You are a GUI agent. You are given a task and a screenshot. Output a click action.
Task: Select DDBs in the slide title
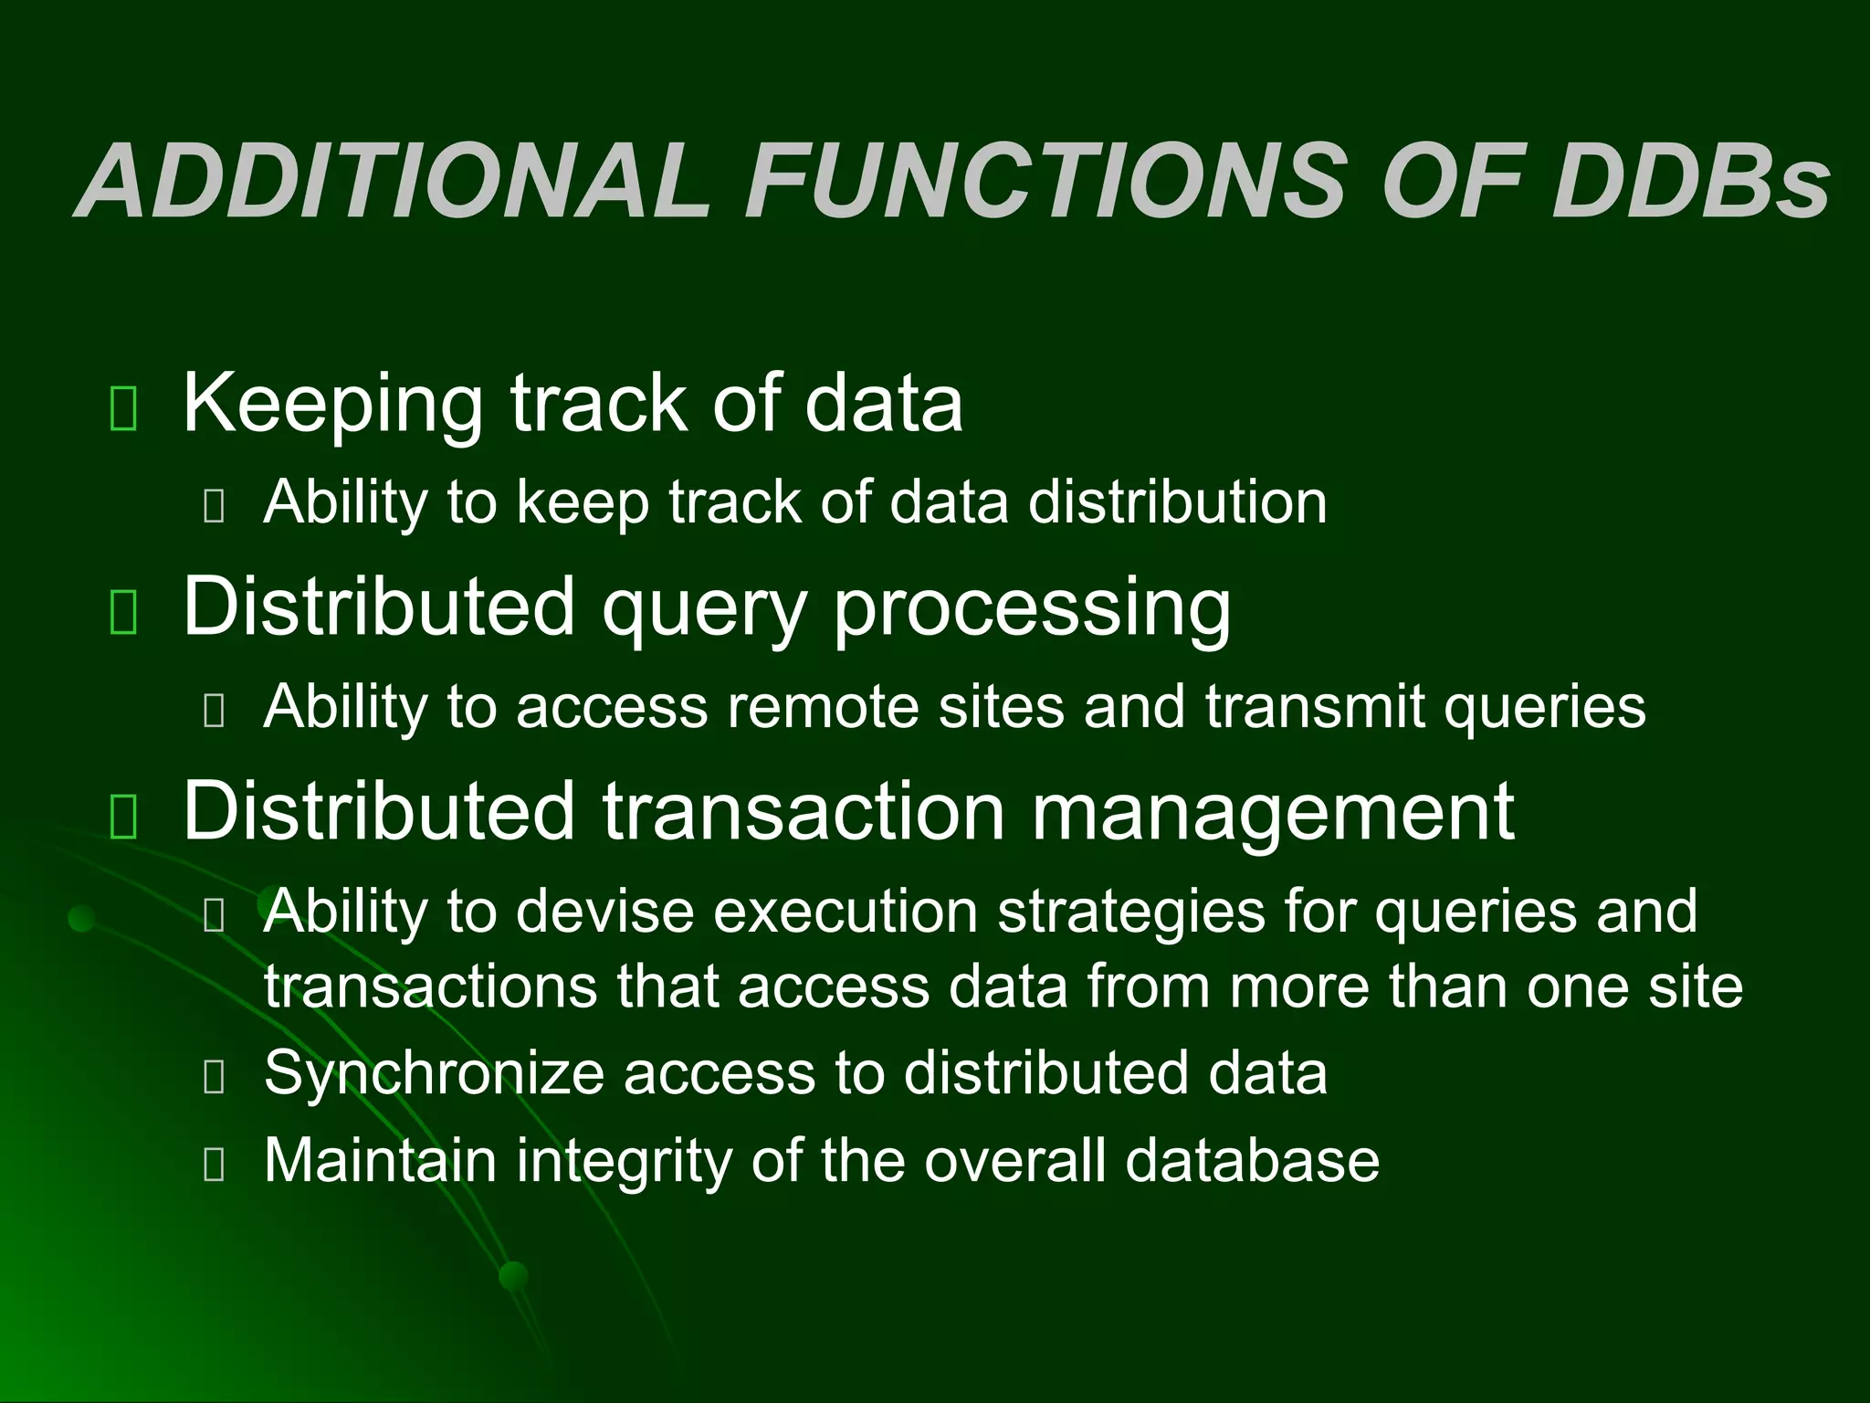point(1690,181)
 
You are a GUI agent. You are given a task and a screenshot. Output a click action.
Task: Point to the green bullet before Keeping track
point(123,408)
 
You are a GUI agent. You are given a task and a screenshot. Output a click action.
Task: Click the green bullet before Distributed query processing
point(123,612)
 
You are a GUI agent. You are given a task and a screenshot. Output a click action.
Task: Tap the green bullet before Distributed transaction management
point(123,816)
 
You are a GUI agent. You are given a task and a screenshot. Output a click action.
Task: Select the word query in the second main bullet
point(704,610)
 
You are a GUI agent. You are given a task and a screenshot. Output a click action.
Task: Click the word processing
point(1032,610)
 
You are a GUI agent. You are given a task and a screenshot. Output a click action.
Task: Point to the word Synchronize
point(434,1073)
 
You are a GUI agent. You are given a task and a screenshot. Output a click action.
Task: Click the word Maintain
point(380,1160)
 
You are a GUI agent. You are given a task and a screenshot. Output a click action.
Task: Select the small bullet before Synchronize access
point(215,1078)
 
